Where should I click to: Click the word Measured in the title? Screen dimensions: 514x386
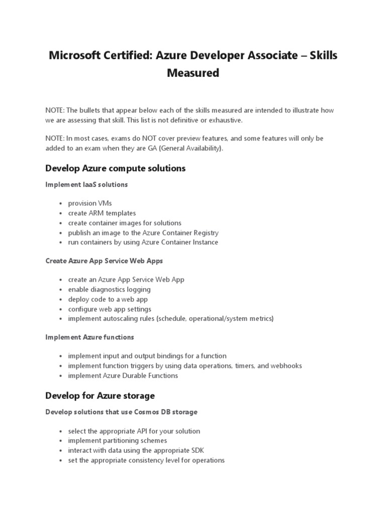pos(193,73)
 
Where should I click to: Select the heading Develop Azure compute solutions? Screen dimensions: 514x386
pos(116,168)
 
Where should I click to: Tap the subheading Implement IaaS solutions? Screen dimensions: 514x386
pos(86,184)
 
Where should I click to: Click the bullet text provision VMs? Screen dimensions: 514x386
pos(90,203)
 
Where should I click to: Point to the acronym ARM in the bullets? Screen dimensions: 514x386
pos(98,213)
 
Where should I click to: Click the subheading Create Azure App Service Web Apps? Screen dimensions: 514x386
pos(104,261)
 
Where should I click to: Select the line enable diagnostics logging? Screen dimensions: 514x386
pos(109,289)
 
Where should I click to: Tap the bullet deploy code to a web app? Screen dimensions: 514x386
pos(108,299)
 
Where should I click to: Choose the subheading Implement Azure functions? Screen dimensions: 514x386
pos(89,337)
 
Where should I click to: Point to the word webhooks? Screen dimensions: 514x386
pos(285,365)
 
